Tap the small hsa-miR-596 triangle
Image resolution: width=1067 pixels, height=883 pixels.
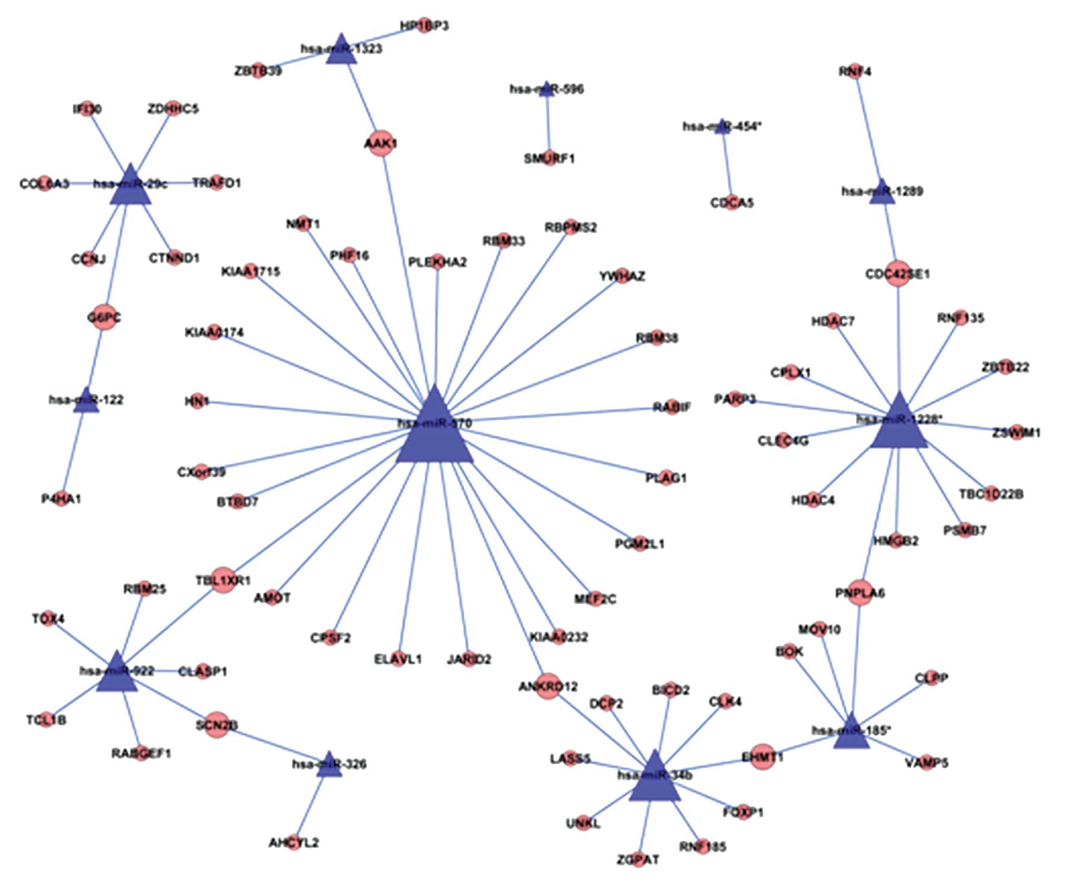click(546, 89)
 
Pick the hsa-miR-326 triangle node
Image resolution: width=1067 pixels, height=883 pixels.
click(329, 765)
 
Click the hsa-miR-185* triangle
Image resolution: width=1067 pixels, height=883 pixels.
click(851, 734)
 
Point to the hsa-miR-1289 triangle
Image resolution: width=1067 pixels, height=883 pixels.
click(882, 193)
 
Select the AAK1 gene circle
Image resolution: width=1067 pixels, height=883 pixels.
click(381, 143)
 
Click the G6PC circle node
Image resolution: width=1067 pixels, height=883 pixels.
click(104, 317)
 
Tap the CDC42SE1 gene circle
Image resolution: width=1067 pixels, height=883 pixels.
click(898, 274)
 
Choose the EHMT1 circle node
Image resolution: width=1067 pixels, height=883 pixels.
click(762, 756)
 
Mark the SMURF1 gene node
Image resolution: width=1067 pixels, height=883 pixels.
click(549, 159)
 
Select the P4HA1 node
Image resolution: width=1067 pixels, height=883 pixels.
click(61, 499)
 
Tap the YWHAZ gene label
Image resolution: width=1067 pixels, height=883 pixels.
click(622, 277)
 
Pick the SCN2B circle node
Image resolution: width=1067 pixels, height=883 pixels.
click(217, 725)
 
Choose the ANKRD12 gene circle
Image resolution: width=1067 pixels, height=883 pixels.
click(547, 687)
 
